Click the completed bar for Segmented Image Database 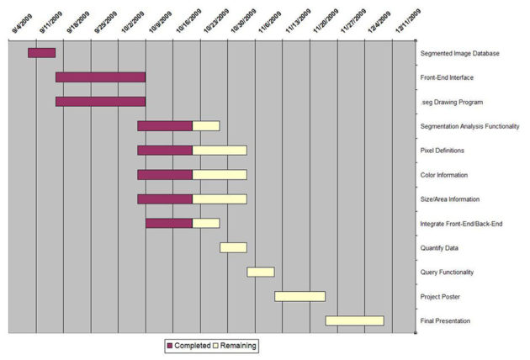41,53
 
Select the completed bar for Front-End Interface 100,77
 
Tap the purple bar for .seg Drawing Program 100,102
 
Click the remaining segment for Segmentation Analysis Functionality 206,126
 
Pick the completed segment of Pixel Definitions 165,151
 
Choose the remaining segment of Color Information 220,175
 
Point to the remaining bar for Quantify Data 233,247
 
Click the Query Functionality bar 261,272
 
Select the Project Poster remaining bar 299,296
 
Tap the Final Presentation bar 354,320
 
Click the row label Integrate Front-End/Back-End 461,224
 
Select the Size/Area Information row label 450,199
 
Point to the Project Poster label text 439,297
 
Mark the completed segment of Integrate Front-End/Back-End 169,223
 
